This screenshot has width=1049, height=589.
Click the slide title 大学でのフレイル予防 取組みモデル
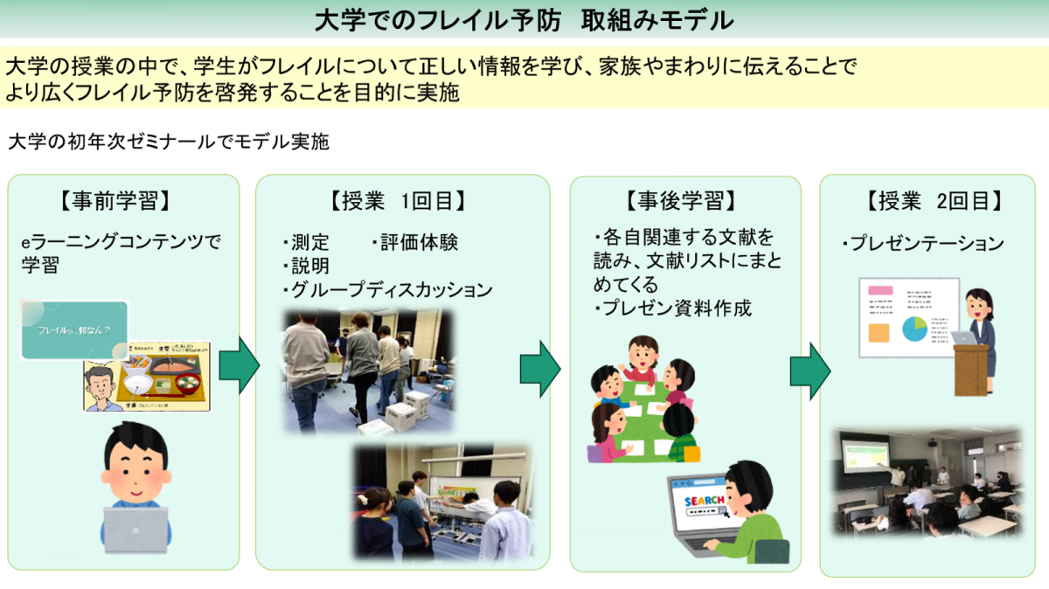point(524,19)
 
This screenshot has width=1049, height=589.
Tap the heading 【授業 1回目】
point(398,201)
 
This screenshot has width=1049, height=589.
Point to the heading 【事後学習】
point(681,201)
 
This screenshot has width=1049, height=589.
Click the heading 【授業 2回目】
point(930,201)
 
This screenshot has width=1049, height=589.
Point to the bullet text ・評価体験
point(414,242)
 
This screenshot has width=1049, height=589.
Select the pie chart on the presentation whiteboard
point(914,329)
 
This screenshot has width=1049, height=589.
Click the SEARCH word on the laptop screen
point(704,501)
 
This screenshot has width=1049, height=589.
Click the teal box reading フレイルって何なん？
point(74,330)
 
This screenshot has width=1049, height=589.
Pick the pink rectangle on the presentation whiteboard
point(879,290)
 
